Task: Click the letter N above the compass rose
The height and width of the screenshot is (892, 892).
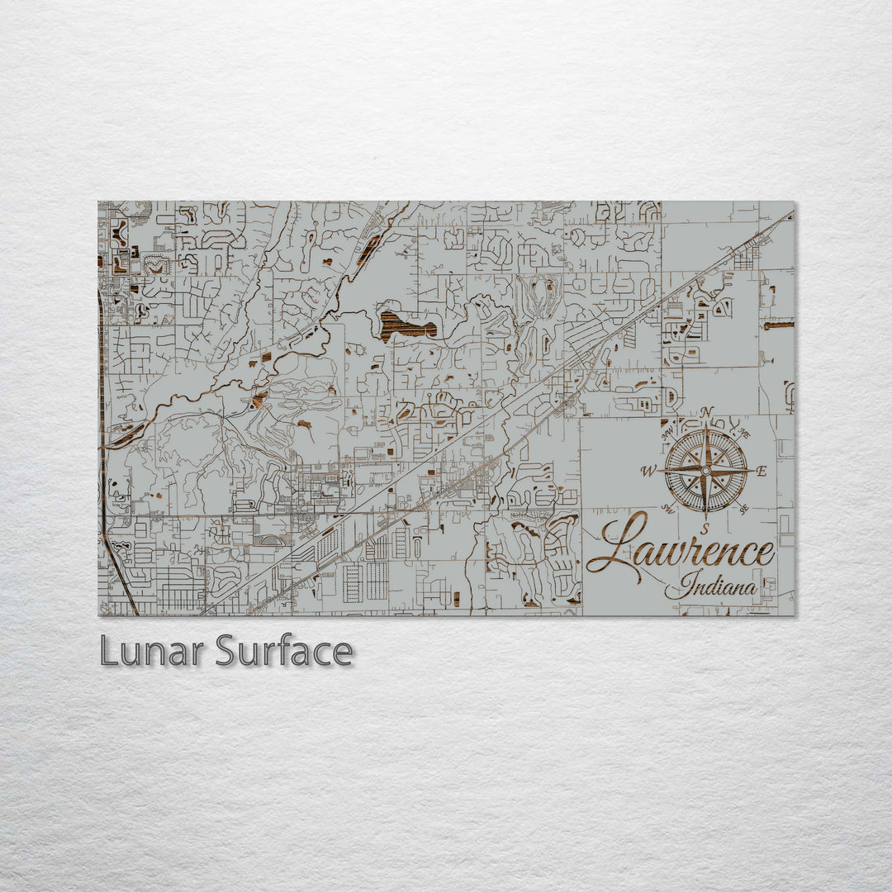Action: click(706, 412)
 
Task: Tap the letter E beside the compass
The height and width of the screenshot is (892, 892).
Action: click(762, 472)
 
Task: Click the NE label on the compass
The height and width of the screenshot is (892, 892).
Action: click(744, 434)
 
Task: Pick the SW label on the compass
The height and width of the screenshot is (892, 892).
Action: click(668, 510)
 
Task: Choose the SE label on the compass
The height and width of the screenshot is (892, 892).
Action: click(744, 510)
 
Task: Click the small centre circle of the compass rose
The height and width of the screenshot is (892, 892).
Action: click(705, 470)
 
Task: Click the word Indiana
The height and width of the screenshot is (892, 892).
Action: click(717, 587)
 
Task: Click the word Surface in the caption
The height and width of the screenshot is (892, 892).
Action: click(284, 652)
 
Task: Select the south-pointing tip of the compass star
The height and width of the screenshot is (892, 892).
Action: click(705, 514)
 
